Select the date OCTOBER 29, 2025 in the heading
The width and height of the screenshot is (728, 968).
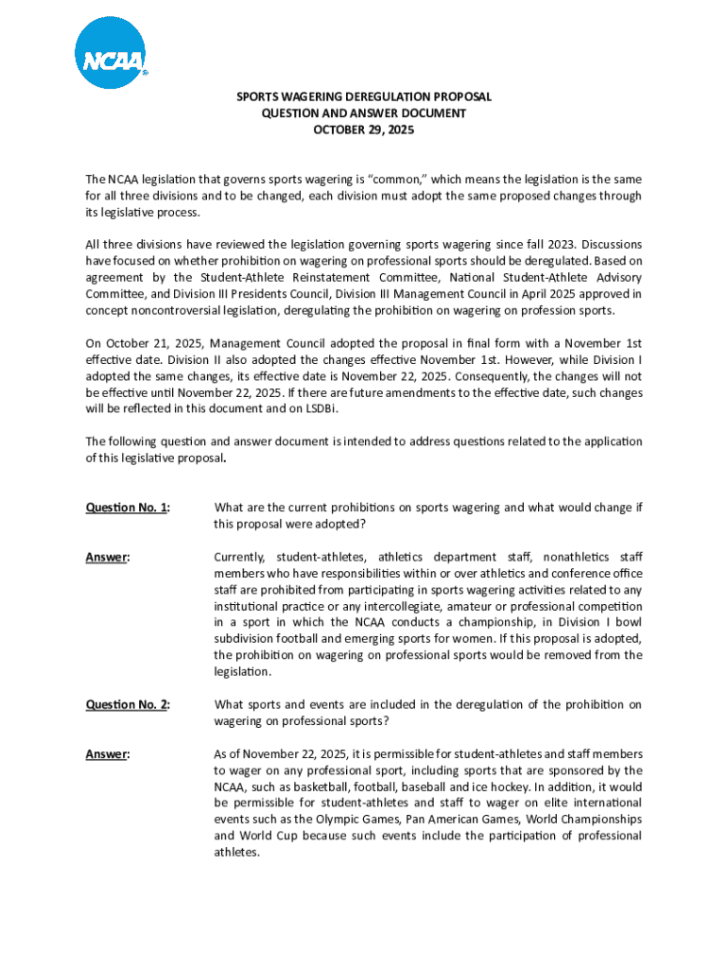click(x=363, y=130)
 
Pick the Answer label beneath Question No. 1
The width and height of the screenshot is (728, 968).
click(x=107, y=557)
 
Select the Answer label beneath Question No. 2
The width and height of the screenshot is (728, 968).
click(x=107, y=753)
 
